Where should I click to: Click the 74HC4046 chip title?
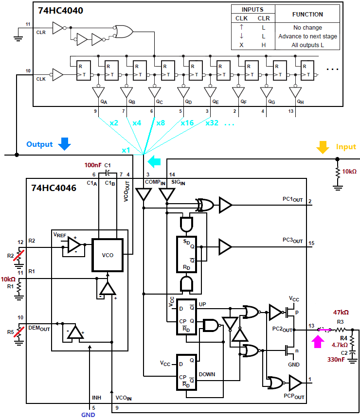pos(54,188)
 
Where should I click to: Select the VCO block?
pos(108,254)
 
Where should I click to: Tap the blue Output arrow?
pos(64,143)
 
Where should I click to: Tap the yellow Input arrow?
pos(322,147)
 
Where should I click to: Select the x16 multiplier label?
pos(187,122)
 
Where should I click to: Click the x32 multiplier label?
pos(212,122)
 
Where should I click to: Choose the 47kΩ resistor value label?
pos(341,313)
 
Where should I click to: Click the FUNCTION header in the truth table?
pos(307,14)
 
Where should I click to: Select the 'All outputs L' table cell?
pos(307,45)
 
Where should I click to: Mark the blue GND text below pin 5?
pos(88,415)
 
